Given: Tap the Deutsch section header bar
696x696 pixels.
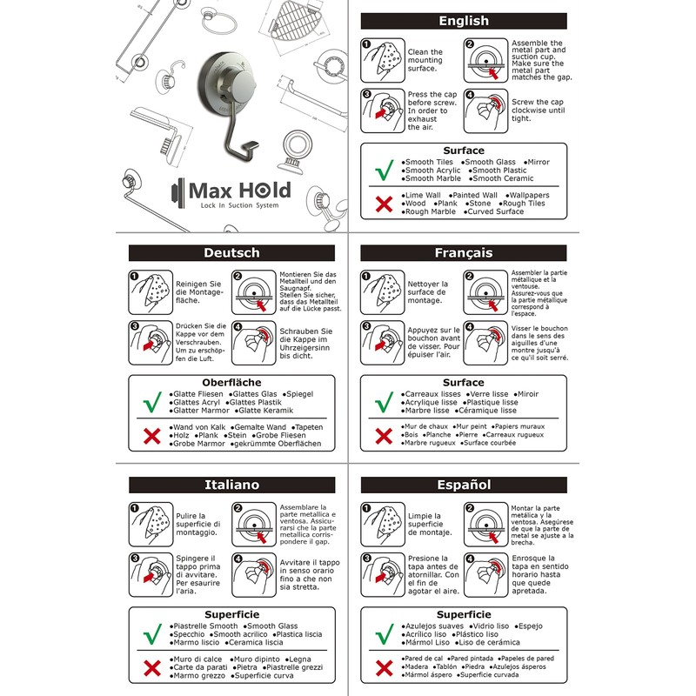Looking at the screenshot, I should pyautogui.click(x=231, y=253).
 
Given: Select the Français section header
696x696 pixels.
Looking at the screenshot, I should pyautogui.click(x=463, y=253).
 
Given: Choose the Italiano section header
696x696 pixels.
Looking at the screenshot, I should pyautogui.click(x=231, y=485).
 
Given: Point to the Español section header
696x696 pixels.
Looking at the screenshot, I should pyautogui.click(x=463, y=485).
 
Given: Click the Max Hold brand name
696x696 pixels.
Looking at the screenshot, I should pyautogui.click(x=229, y=190).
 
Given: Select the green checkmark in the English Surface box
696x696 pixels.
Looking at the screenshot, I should pyautogui.click(x=380, y=171).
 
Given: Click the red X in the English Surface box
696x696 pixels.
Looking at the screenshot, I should pyautogui.click(x=380, y=204).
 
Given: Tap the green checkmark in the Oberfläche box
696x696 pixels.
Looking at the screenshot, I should pyautogui.click(x=149, y=403).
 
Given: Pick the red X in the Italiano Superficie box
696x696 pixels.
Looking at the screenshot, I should pyautogui.click(x=149, y=667).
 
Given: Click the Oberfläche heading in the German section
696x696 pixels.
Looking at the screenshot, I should pyautogui.click(x=231, y=382).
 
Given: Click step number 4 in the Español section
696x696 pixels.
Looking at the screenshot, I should pyautogui.click(x=470, y=559).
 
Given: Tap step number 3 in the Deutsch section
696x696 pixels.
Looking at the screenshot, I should pyautogui.click(x=135, y=328).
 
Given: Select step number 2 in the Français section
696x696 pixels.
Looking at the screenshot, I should pyautogui.click(x=470, y=276).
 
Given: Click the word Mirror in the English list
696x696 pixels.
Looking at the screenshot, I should pyautogui.click(x=539, y=162).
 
